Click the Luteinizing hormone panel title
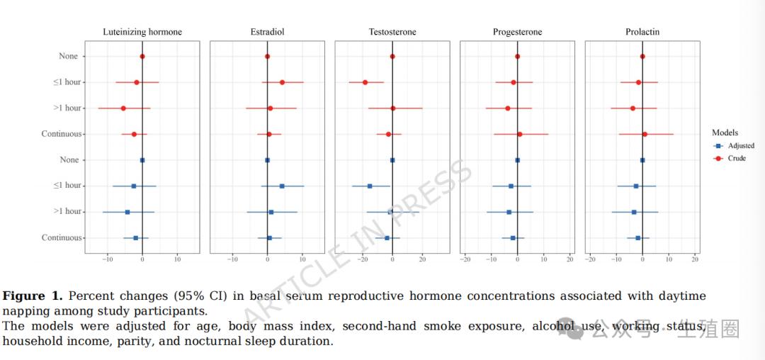coord(142,32)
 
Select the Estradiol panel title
coord(267,32)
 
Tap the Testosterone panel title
coord(392,32)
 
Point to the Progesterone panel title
coord(517,32)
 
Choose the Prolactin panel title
coord(642,32)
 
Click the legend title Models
coord(725,133)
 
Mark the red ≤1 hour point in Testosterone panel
coord(365,82)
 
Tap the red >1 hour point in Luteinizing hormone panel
coord(123,108)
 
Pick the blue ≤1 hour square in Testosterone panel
coord(370,186)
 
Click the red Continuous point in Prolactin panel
coord(645,134)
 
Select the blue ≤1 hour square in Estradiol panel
coord(282,186)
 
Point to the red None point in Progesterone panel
coord(517,57)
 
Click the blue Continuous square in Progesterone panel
coord(513,238)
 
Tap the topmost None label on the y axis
coord(69,57)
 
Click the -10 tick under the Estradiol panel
coord(232,259)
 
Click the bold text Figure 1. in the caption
coord(33,296)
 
